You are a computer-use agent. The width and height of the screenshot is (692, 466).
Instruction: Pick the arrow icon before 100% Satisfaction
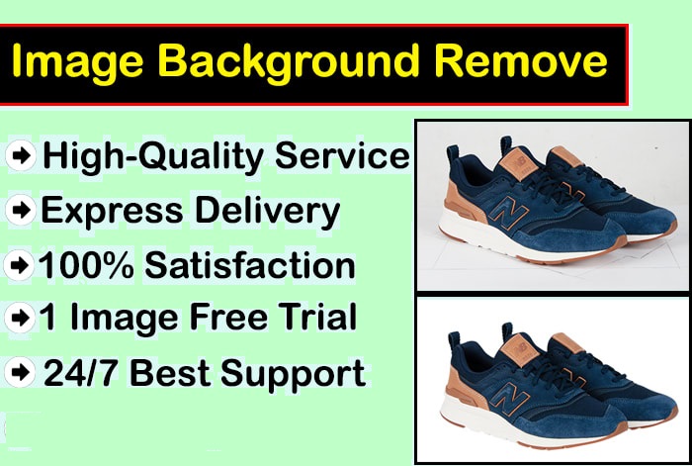tap(20, 266)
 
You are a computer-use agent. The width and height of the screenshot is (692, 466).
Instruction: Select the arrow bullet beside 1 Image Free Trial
tap(20, 319)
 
